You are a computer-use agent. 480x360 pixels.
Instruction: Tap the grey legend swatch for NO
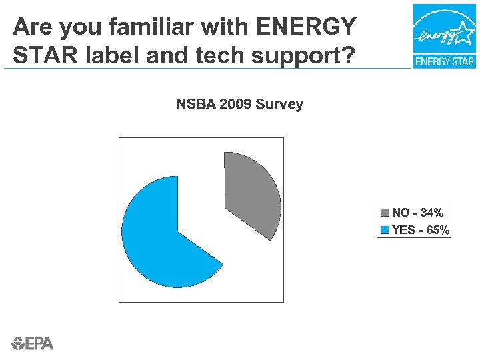coord(385,213)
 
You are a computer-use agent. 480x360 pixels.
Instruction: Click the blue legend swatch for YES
coord(385,231)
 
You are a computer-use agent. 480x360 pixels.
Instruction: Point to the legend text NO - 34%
coord(418,213)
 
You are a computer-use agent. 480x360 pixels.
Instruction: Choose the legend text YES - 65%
coord(421,231)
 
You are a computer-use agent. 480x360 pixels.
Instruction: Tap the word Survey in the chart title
coord(279,105)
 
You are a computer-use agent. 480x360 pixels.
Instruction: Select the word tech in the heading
coord(199,55)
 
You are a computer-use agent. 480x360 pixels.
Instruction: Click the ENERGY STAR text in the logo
coord(444,62)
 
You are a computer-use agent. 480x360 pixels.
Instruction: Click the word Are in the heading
coord(31,27)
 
